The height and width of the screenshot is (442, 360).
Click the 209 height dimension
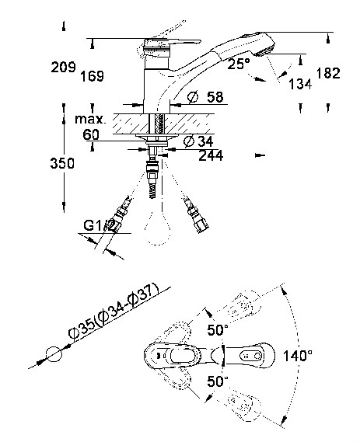pos(64,68)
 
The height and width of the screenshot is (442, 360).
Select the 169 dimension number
pos(93,76)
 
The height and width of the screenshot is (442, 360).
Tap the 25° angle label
pos(239,64)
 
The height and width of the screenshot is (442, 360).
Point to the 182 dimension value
pos(328,73)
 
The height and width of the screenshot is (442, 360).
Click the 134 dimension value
pos(300,84)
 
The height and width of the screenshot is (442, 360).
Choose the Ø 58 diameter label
pos(205,97)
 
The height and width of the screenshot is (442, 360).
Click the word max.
pos(90,120)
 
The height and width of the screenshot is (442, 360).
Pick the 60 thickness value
pos(91,134)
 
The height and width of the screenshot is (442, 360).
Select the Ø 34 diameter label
pos(198,141)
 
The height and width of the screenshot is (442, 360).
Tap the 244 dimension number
pos(211,155)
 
